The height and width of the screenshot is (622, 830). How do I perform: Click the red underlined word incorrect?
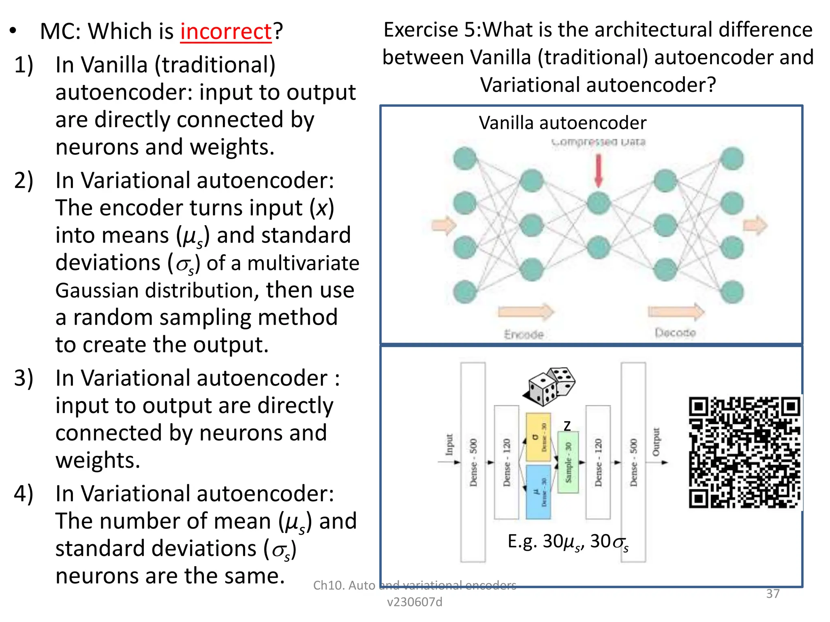tap(226, 32)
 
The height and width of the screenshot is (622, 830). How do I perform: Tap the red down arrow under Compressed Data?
tap(598, 170)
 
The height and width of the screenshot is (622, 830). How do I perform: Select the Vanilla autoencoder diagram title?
tap(562, 123)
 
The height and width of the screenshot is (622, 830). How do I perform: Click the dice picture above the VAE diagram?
tap(550, 386)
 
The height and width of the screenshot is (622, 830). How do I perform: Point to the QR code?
tap(744, 452)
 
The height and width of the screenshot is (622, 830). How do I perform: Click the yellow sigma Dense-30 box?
tap(538, 437)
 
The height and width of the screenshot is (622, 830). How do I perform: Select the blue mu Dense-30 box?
tap(538, 492)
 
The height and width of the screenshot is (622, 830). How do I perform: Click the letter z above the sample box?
tap(567, 426)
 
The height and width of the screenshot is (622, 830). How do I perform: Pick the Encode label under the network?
tap(524, 334)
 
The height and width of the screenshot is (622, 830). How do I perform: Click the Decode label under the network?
tap(675, 333)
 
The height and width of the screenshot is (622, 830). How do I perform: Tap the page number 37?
tap(772, 594)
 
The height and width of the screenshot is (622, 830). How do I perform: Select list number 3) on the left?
tap(24, 378)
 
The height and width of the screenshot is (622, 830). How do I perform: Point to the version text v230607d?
tap(414, 602)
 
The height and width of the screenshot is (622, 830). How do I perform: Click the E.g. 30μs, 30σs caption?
tap(567, 542)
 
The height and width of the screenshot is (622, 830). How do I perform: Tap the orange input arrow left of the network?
tap(443, 225)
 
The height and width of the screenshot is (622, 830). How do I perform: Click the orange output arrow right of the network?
tap(755, 225)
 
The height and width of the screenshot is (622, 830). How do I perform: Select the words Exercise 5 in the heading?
tap(431, 30)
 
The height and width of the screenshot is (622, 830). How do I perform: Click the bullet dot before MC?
tap(13, 31)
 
